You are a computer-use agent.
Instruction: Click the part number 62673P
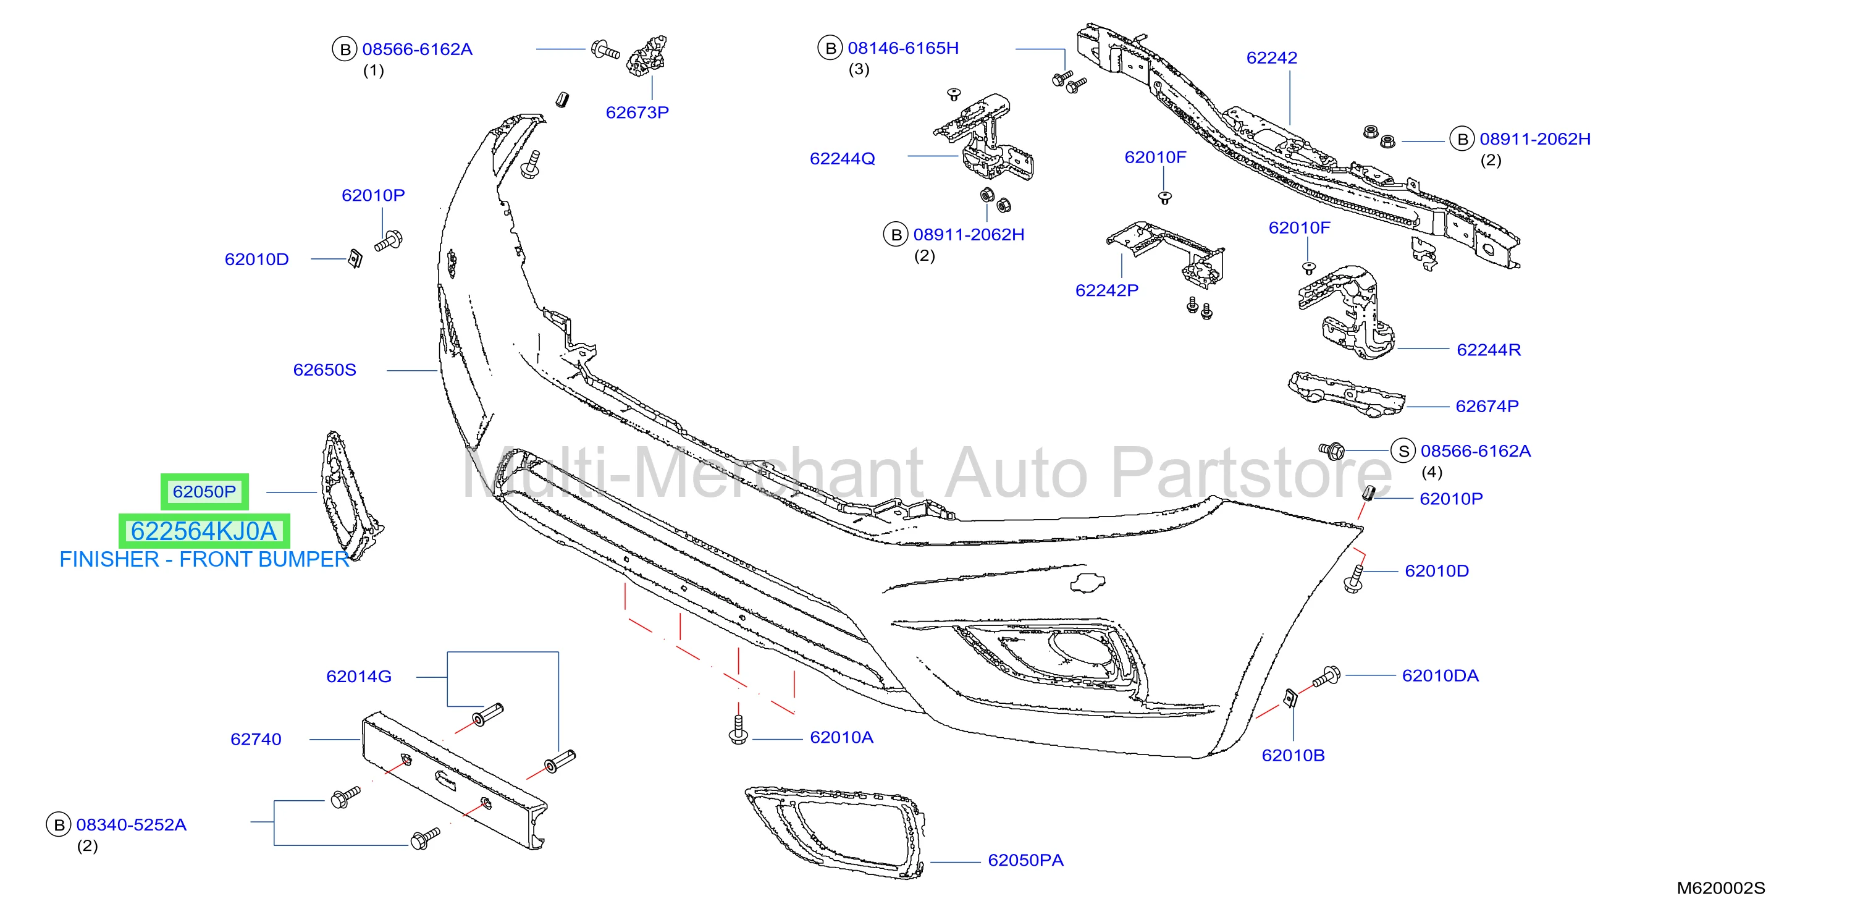pyautogui.click(x=637, y=112)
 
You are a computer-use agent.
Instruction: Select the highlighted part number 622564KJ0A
pyautogui.click(x=204, y=531)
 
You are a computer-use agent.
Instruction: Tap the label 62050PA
pyautogui.click(x=1025, y=860)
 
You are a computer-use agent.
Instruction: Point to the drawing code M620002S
pyautogui.click(x=1721, y=888)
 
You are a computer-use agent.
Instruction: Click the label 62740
pyautogui.click(x=256, y=739)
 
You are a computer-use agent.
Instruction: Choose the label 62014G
pyautogui.click(x=359, y=677)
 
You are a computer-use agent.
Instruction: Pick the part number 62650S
pyautogui.click(x=324, y=370)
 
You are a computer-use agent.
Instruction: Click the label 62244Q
pyautogui.click(x=843, y=158)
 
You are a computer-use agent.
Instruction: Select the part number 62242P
pyautogui.click(x=1107, y=290)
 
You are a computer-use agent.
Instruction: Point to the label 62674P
pyautogui.click(x=1487, y=406)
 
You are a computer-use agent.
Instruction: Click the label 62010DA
pyautogui.click(x=1441, y=675)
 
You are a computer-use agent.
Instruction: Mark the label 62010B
pyautogui.click(x=1293, y=755)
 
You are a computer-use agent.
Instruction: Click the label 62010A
pyautogui.click(x=841, y=737)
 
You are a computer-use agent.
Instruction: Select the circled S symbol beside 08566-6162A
pyautogui.click(x=1403, y=452)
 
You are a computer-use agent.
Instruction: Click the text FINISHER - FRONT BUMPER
pyautogui.click(x=204, y=559)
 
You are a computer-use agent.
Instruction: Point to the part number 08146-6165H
pyautogui.click(x=903, y=48)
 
